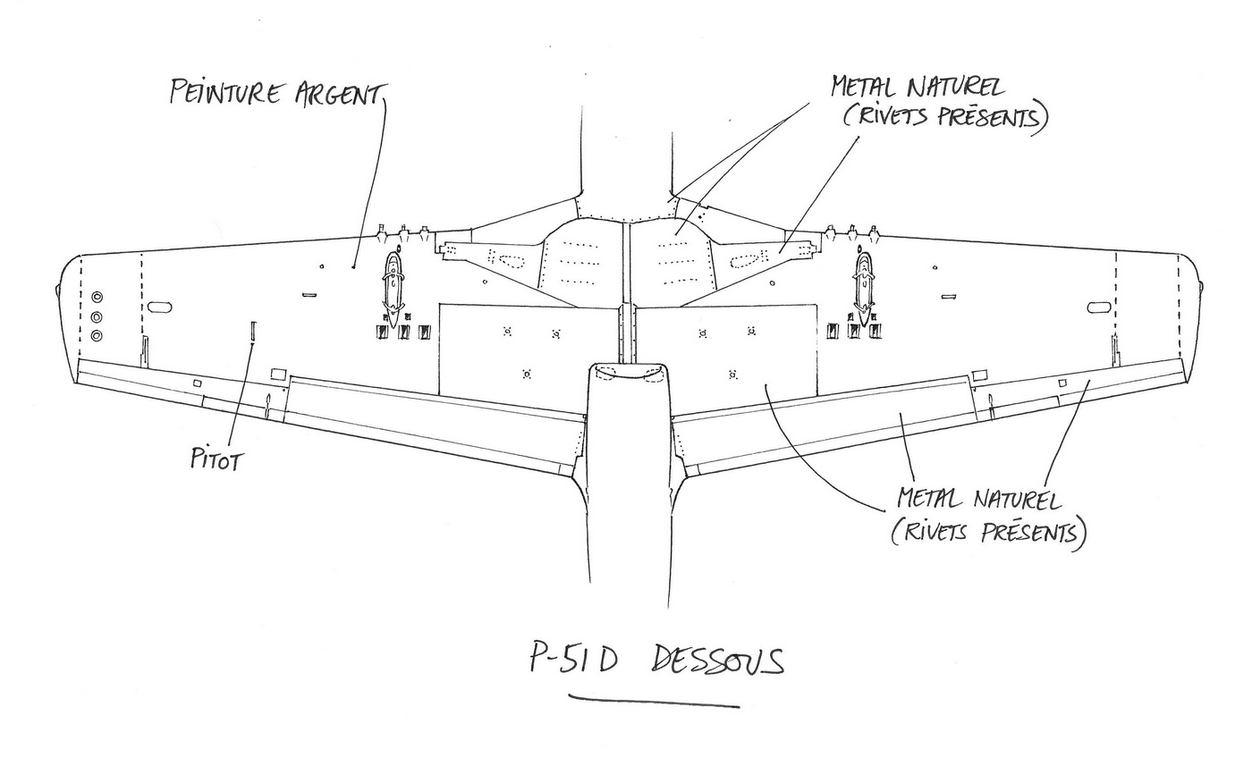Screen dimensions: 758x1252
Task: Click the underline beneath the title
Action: (655, 701)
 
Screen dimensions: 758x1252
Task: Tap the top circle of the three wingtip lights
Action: (97, 297)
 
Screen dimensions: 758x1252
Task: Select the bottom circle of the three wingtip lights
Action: (97, 336)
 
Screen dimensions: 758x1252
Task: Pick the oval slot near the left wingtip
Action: (159, 307)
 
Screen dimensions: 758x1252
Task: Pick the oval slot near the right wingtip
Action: (1099, 307)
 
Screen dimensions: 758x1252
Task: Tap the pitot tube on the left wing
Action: (253, 330)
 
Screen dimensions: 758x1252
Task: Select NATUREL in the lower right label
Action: (1014, 499)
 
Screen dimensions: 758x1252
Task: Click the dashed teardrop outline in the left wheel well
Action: (509, 260)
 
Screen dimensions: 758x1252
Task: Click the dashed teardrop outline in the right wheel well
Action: (745, 260)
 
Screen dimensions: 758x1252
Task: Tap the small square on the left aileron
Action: (198, 383)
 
